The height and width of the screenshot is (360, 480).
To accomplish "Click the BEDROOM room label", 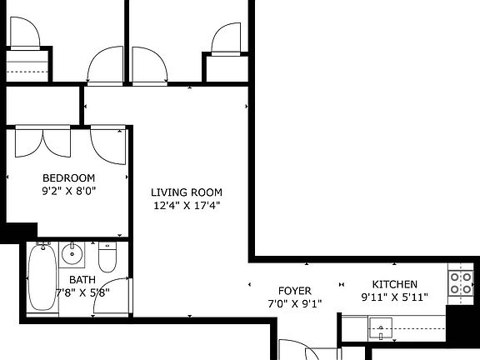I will (x=68, y=178).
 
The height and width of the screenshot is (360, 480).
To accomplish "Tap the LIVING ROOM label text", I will (x=186, y=192).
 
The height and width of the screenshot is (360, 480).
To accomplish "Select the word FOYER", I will (x=294, y=291).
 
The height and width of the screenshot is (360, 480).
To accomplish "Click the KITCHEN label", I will (x=395, y=284).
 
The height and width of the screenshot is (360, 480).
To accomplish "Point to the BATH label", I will (x=82, y=280).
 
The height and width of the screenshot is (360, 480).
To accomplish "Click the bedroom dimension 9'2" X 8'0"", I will (x=68, y=190).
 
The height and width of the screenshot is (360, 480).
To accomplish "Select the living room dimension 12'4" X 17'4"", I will (x=186, y=205).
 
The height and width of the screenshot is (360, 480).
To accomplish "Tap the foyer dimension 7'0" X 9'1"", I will (x=294, y=303).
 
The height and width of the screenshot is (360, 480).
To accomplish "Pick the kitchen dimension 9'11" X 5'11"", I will (x=395, y=297).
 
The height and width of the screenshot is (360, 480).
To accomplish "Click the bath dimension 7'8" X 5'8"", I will (x=82, y=292).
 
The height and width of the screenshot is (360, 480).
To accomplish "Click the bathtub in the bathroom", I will (x=40, y=277).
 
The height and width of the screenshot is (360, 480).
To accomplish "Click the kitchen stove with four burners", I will (x=461, y=283).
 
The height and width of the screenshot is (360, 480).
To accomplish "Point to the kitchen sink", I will (x=383, y=327).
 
